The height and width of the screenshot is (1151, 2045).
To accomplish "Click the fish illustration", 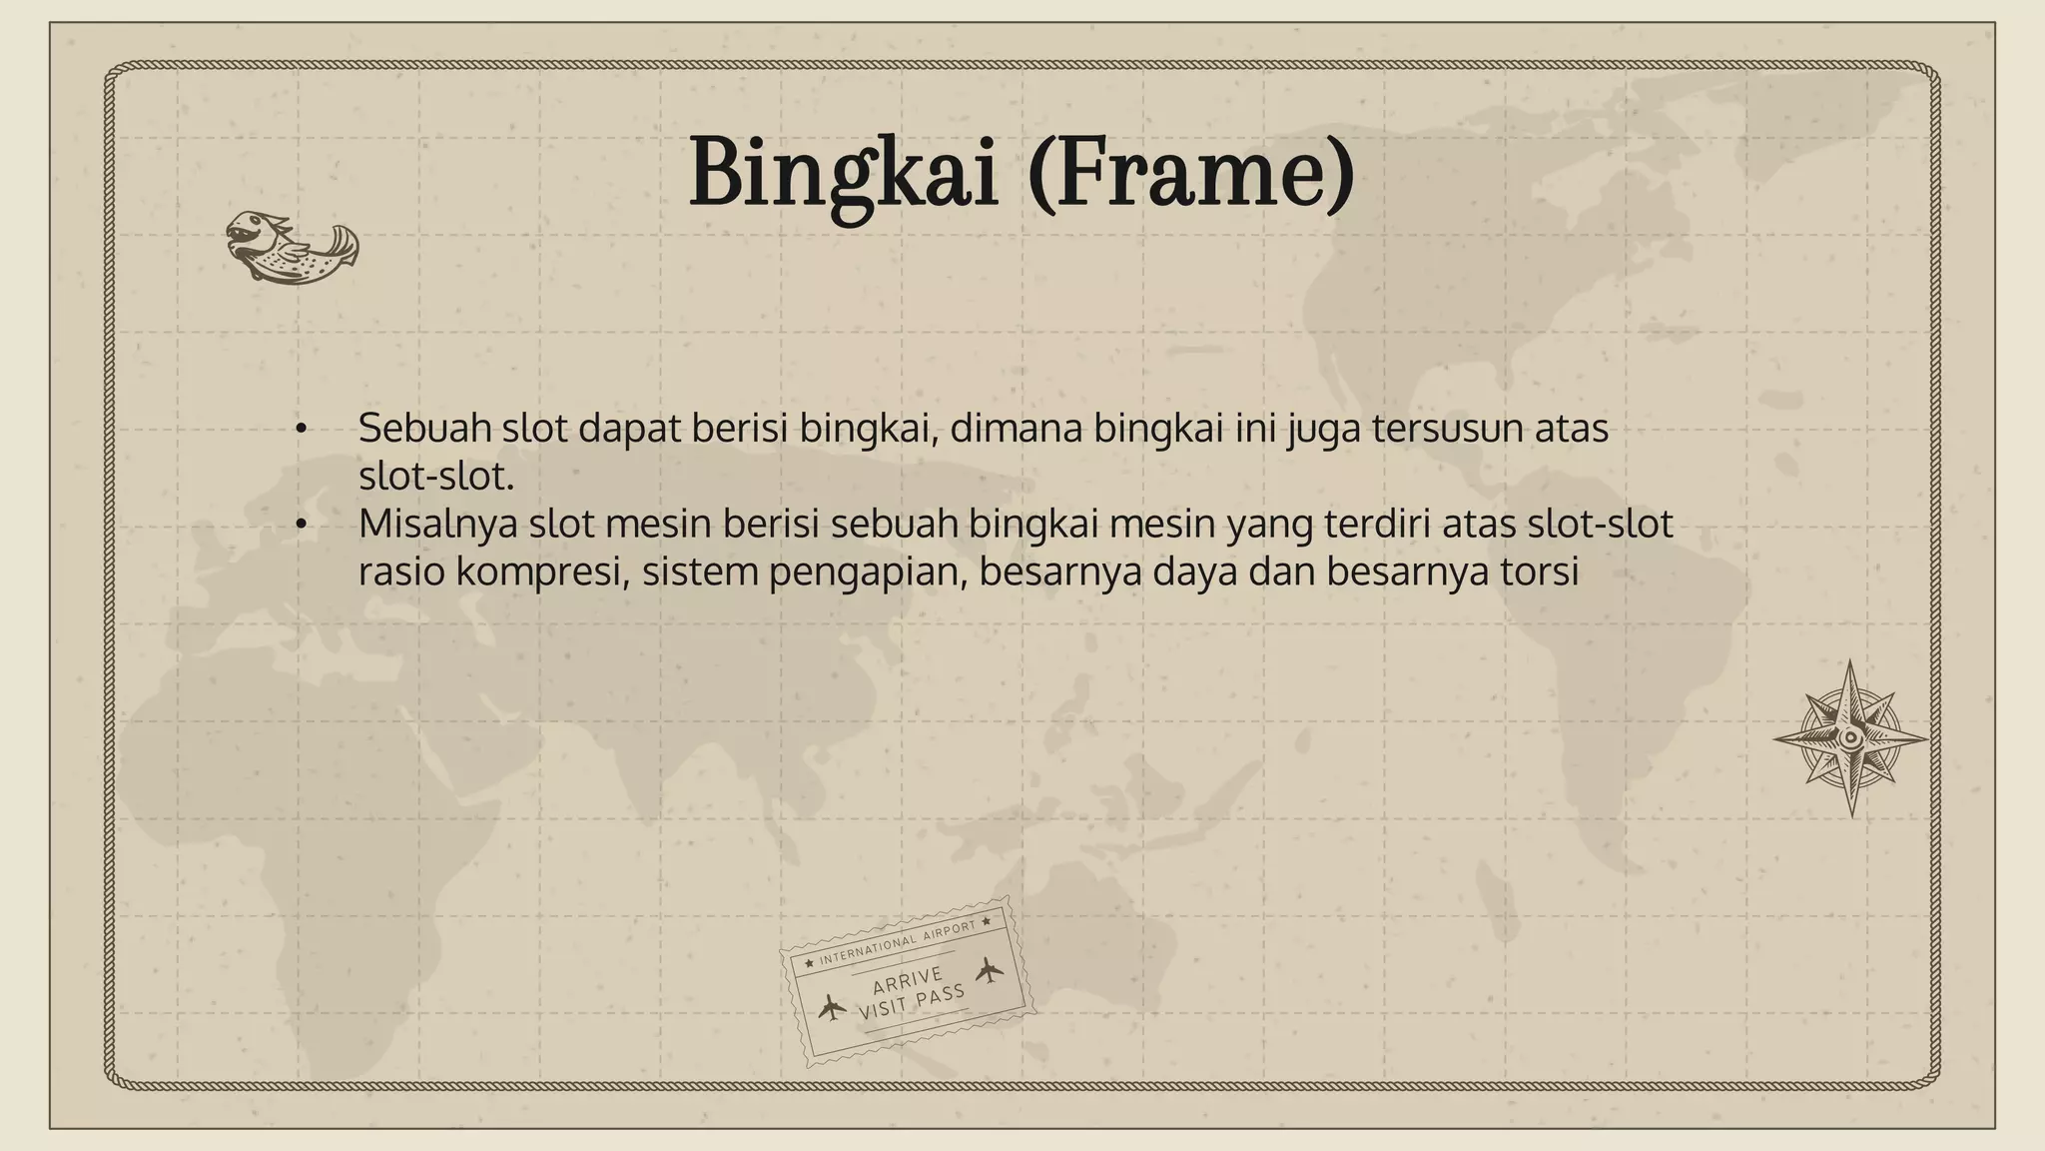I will pos(292,247).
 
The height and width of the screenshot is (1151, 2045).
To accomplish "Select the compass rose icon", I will pos(1850,738).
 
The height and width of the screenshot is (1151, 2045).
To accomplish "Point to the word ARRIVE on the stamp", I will pos(907,980).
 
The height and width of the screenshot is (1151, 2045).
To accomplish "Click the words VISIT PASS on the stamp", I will pos(912,1001).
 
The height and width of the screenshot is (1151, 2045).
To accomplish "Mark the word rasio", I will pos(401,572).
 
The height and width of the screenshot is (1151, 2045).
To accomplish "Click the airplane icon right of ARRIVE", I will pos(989,969).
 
